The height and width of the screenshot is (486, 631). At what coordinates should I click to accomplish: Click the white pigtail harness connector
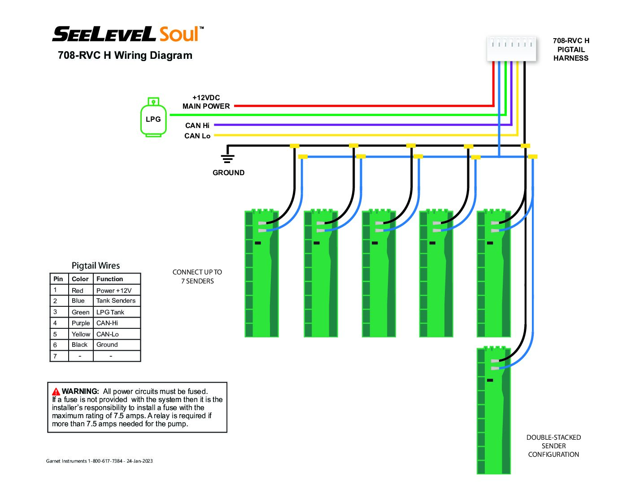click(x=511, y=49)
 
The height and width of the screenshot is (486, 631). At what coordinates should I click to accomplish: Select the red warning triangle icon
click(x=56, y=392)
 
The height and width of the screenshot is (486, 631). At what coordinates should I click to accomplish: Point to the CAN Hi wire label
click(x=197, y=125)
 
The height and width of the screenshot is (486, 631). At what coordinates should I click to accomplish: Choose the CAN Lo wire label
click(x=197, y=136)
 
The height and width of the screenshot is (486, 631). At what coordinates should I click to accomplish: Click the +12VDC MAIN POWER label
click(x=206, y=102)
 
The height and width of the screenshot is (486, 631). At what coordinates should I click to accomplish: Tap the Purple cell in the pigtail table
click(x=81, y=323)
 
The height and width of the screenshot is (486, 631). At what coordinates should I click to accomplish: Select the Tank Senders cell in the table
click(x=116, y=300)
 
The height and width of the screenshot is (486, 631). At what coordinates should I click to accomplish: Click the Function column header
click(x=109, y=278)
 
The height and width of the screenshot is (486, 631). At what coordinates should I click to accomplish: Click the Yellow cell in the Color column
click(x=81, y=334)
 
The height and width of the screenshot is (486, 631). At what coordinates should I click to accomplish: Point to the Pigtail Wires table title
click(x=96, y=265)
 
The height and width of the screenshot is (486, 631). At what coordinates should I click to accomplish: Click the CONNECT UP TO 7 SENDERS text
click(x=197, y=276)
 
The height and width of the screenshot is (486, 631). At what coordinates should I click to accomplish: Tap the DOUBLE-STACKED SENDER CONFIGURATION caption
click(x=553, y=446)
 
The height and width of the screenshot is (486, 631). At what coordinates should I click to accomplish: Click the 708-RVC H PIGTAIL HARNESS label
click(x=571, y=49)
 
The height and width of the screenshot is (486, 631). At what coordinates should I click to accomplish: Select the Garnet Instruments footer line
click(x=99, y=461)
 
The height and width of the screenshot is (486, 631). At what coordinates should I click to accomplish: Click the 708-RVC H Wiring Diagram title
click(x=125, y=55)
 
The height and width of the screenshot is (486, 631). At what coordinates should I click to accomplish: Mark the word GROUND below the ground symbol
click(x=229, y=172)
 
